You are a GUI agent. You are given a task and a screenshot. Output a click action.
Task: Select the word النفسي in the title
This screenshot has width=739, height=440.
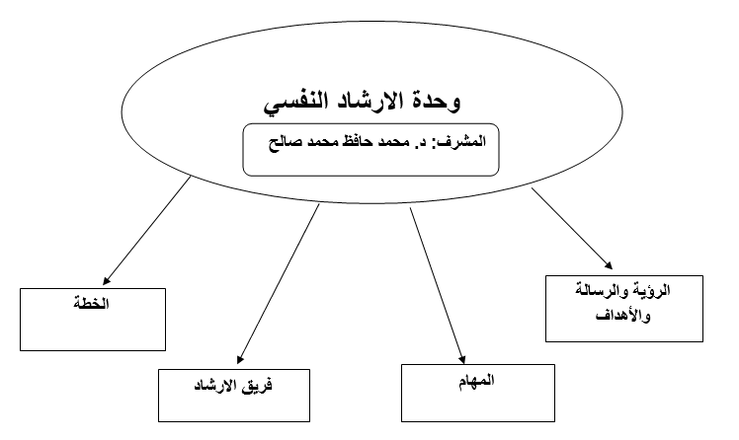[292, 103]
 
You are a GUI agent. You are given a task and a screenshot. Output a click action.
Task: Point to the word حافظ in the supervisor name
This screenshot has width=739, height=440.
[355, 141]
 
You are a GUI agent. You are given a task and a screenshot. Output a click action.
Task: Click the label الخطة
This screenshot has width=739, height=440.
[92, 304]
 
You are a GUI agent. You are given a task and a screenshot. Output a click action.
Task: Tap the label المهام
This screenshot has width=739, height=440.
[477, 380]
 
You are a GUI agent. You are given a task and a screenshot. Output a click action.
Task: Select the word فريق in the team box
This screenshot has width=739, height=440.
[257, 386]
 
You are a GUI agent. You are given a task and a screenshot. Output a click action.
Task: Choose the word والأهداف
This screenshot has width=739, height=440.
[623, 315]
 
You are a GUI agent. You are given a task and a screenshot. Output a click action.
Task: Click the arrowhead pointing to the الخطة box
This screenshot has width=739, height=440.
[106, 281]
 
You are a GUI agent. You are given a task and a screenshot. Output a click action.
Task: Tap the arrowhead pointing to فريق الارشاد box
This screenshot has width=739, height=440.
[240, 360]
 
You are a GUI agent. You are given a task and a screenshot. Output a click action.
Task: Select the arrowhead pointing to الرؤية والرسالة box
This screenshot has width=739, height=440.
[609, 265]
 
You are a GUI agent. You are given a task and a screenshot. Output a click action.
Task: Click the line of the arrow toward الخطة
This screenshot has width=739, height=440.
[146, 231]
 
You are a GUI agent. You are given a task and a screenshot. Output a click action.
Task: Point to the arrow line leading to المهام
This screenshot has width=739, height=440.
[438, 286]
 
